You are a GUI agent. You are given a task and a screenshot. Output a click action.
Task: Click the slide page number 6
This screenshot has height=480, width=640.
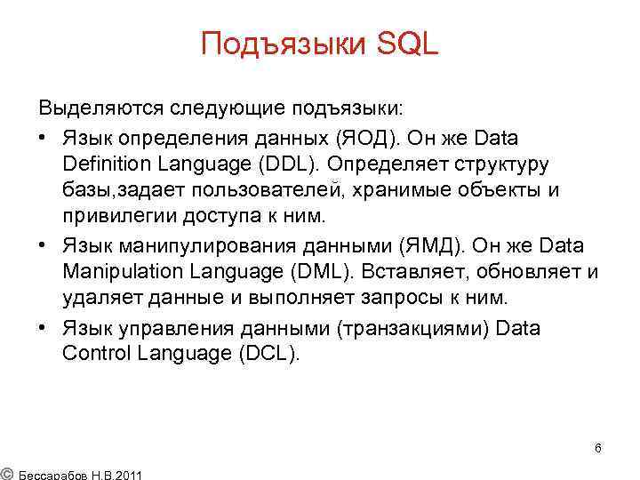[598, 448]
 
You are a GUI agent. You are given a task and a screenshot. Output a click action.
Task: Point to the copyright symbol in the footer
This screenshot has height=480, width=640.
[6, 472]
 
